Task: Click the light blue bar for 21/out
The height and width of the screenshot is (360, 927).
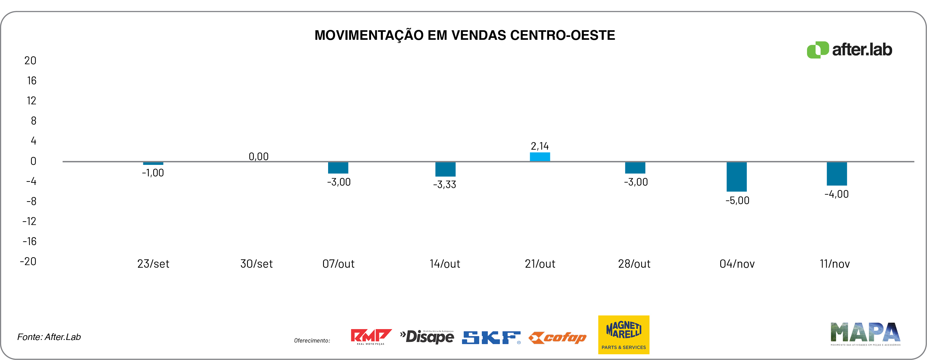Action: [x=540, y=157]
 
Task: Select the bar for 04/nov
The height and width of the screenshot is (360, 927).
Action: [x=736, y=176]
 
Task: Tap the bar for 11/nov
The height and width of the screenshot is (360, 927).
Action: [x=837, y=173]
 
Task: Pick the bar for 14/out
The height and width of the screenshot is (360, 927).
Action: [x=445, y=169]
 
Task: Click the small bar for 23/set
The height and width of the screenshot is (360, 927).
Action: [x=153, y=163]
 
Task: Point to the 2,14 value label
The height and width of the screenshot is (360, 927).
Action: [x=540, y=146]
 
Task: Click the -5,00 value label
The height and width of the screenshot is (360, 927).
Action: [x=737, y=201]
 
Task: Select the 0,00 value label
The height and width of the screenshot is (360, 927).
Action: [x=258, y=156]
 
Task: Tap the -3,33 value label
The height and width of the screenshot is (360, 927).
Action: [x=445, y=185]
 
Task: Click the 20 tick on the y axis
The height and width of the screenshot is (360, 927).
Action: [x=30, y=60]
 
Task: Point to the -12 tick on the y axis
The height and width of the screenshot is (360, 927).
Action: [x=30, y=221]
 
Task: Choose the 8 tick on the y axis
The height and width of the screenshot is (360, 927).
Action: [x=33, y=121]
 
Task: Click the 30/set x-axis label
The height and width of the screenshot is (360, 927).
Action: [x=256, y=264]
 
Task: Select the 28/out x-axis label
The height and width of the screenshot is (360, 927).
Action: [x=634, y=264]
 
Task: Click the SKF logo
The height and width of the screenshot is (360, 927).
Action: [x=491, y=337]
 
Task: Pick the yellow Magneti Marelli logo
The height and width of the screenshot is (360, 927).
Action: [x=624, y=335]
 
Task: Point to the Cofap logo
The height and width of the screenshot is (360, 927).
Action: [x=558, y=338]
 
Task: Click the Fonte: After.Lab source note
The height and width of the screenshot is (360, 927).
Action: [x=49, y=337]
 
